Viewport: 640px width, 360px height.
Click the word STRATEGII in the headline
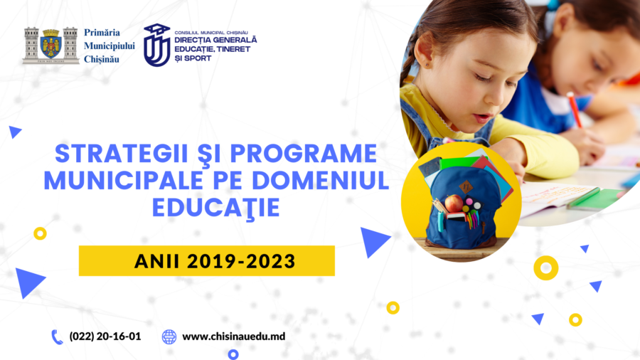pyautogui.click(x=121, y=153)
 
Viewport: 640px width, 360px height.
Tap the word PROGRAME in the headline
pyautogui.click(x=303, y=153)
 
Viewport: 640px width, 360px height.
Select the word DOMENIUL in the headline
pyautogui.click(x=321, y=180)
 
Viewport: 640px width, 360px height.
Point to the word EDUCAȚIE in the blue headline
pyautogui.click(x=216, y=208)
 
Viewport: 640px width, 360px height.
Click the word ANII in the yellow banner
pyautogui.click(x=156, y=261)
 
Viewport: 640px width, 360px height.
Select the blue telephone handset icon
pyautogui.click(x=57, y=337)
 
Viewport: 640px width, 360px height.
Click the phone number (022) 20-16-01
pyautogui.click(x=105, y=337)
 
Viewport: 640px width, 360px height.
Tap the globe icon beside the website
pyautogui.click(x=169, y=337)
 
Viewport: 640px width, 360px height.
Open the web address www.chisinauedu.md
pyautogui.click(x=233, y=337)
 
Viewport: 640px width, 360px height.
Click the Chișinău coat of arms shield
pyautogui.click(x=51, y=44)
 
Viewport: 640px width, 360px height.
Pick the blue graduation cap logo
pyautogui.click(x=156, y=45)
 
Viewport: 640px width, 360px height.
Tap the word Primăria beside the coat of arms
pyautogui.click(x=102, y=33)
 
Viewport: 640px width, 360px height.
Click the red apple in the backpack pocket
pyautogui.click(x=454, y=203)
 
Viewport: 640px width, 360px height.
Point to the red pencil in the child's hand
pyautogui.click(x=575, y=110)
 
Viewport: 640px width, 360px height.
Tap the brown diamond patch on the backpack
pyautogui.click(x=465, y=187)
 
